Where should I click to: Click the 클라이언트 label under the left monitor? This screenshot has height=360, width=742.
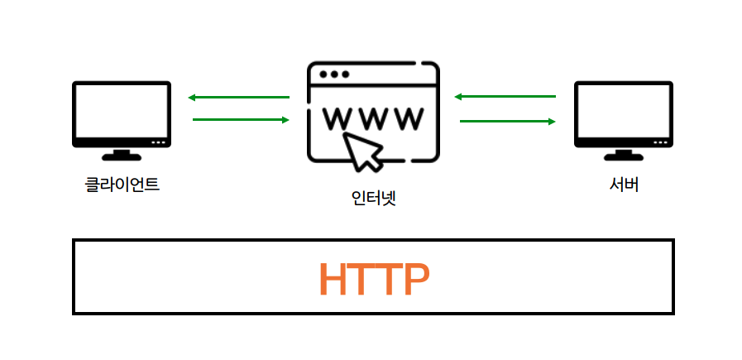coord(122,185)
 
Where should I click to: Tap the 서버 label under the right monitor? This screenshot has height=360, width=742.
coord(623,185)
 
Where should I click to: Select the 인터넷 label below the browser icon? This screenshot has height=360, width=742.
coord(373,199)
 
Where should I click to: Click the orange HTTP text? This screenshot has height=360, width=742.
coord(374,280)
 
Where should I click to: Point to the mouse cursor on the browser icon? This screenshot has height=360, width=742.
coord(365,151)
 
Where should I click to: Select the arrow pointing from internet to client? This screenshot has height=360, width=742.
coord(239,98)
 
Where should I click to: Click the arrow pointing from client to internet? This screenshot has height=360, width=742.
coord(241,120)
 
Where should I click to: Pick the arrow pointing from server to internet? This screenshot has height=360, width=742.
coord(505,98)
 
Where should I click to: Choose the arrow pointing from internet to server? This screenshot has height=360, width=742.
coord(507,121)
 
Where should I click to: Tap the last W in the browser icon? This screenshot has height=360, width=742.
coord(409,119)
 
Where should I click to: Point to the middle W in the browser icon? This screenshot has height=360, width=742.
coord(373,119)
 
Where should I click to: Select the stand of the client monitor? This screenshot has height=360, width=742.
coord(122,154)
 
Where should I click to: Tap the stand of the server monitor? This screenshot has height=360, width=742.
coord(624,154)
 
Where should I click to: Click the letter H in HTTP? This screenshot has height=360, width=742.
coord(337,280)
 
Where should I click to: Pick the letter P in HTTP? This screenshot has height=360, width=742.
coord(414,280)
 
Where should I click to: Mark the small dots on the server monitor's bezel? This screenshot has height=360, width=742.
coord(658,142)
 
